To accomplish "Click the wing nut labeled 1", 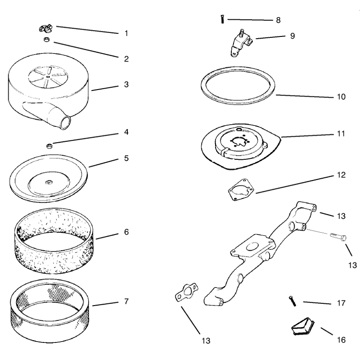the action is (x=45, y=28).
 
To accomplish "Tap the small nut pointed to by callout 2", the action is (x=47, y=40).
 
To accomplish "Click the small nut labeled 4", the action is (x=49, y=146).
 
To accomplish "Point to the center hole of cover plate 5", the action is (x=49, y=183).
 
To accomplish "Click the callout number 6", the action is (x=126, y=232).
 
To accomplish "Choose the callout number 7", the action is (x=126, y=301).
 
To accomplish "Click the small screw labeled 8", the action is (x=222, y=19).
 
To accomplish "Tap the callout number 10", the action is (x=341, y=97).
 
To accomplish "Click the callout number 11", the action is (x=341, y=133).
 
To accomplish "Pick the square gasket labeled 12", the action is (x=241, y=189).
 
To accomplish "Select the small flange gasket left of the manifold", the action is (x=187, y=292).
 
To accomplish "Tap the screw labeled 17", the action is (x=292, y=301).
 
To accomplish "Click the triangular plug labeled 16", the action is (x=303, y=327).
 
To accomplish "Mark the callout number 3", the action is (x=126, y=85).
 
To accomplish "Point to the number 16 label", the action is (x=341, y=340).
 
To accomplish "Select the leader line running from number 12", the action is (x=295, y=184).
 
